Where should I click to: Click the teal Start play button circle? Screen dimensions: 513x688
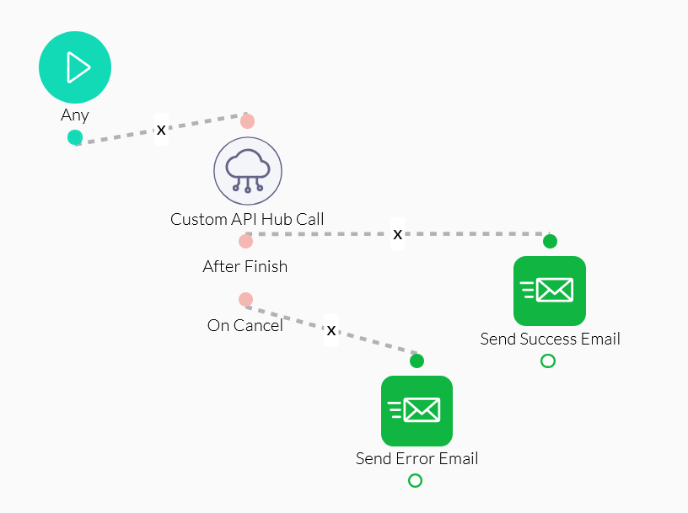click(x=75, y=67)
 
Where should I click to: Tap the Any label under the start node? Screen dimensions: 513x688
click(x=75, y=115)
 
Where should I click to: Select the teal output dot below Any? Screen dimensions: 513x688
click(x=75, y=137)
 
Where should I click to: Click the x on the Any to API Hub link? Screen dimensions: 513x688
click(x=161, y=130)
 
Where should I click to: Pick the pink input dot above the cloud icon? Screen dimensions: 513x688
click(x=247, y=120)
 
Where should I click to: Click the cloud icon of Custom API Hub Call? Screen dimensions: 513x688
click(x=247, y=171)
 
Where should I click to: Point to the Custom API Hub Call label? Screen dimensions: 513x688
click(x=247, y=220)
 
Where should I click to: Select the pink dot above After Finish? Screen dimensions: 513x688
click(x=245, y=241)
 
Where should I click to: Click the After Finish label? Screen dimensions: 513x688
click(x=245, y=267)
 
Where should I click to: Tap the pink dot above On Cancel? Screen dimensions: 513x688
click(x=245, y=299)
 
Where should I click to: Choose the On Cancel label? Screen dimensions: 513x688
click(x=245, y=325)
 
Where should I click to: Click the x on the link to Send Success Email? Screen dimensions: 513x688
click(x=398, y=233)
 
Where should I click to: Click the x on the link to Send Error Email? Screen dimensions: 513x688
click(x=331, y=329)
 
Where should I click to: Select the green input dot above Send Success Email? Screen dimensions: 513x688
click(x=550, y=242)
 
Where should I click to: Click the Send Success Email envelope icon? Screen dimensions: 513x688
click(x=549, y=291)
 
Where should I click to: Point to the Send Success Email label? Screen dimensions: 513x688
click(x=550, y=339)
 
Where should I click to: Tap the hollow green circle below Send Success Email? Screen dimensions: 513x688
click(x=548, y=361)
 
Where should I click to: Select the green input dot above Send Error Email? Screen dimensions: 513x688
click(x=417, y=361)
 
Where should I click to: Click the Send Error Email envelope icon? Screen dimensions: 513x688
click(x=417, y=410)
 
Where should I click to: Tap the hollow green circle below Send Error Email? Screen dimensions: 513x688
click(x=415, y=480)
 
